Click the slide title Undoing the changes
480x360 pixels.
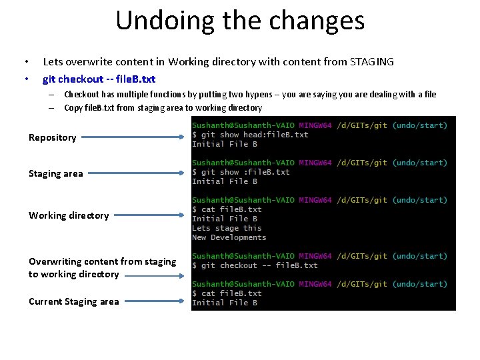[x=240, y=20]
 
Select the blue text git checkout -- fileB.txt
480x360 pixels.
[x=99, y=79]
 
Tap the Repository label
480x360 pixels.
[x=52, y=137]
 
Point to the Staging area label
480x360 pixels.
[x=56, y=173]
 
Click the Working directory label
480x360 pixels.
[x=69, y=215]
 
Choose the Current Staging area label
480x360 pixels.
[x=74, y=301]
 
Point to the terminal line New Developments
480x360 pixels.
[x=229, y=237]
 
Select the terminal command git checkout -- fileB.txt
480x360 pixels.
[x=256, y=265]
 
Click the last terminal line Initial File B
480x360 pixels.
[x=224, y=303]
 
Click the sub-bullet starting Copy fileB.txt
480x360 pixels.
[x=163, y=108]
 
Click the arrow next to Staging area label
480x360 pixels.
[x=136, y=174]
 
